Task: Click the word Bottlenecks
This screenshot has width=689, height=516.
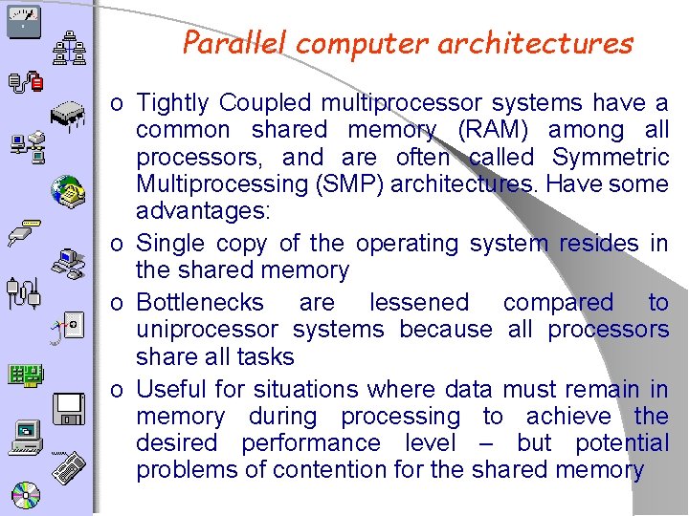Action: tap(200, 303)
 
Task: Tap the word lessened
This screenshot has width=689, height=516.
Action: tap(419, 303)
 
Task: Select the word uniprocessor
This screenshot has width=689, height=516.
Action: tap(207, 330)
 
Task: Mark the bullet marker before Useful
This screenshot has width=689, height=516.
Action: tap(116, 391)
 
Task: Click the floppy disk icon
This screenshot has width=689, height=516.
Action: tap(70, 408)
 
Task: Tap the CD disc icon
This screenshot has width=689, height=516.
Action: tap(25, 495)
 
